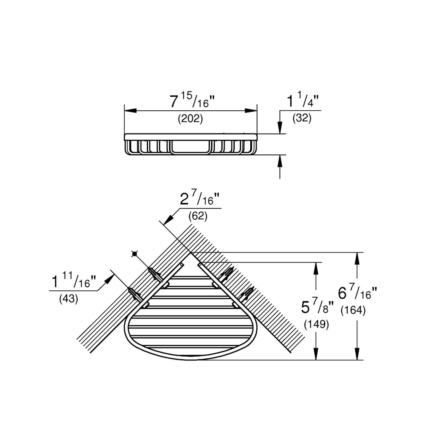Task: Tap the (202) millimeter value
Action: (x=190, y=119)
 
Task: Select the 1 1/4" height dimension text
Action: (x=303, y=101)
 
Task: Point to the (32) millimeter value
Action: (x=302, y=118)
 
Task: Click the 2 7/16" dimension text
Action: (x=200, y=200)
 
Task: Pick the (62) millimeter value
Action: (x=198, y=216)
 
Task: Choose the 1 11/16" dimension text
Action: (x=74, y=282)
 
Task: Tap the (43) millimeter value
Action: (x=68, y=299)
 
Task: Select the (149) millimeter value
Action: (x=316, y=324)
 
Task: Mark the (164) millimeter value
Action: (x=353, y=310)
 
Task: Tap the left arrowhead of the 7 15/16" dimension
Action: (x=130, y=111)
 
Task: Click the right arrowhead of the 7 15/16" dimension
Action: (x=251, y=111)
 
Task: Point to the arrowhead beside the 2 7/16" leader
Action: (x=168, y=220)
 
